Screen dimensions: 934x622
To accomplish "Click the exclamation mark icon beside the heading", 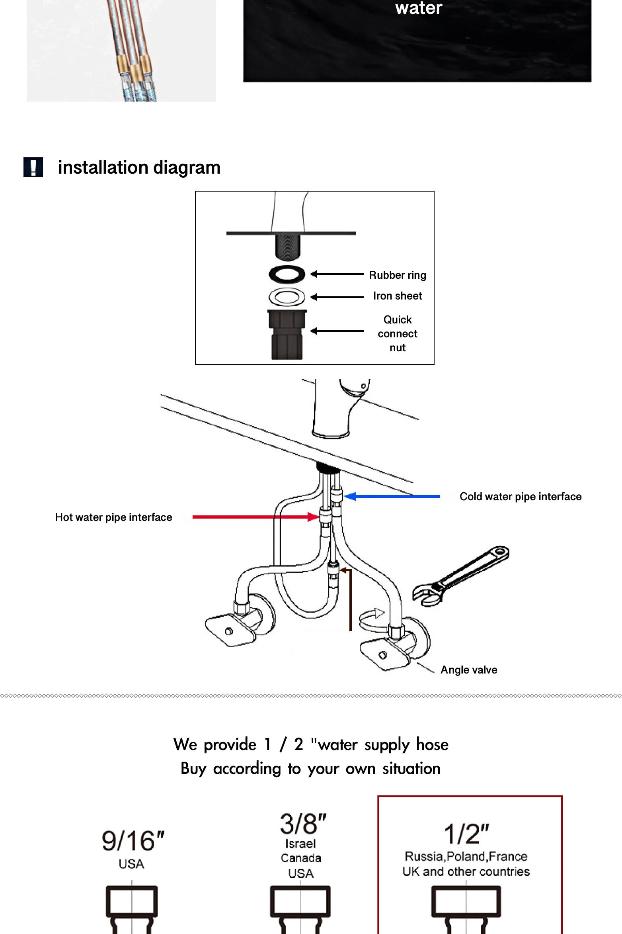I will pos(33,167).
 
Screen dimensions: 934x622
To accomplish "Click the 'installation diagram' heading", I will pos(139,168).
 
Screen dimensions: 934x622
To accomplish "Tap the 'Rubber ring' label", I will pos(397,275).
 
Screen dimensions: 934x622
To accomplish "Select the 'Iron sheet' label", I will pos(397,296).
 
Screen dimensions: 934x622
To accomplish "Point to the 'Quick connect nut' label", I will pos(397,334).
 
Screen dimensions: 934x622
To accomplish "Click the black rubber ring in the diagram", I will pos(287,274).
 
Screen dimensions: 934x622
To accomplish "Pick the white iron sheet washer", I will pos(287,297).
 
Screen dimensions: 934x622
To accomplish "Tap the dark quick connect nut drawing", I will pos(287,335).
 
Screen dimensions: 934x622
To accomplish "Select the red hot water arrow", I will pos(255,517).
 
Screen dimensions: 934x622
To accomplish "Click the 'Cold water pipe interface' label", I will pos(520,497).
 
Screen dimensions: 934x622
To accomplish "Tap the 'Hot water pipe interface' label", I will pos(114,517).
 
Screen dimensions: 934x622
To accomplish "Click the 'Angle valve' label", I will pos(468,670).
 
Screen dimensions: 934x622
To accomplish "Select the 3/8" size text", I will pos(303,824).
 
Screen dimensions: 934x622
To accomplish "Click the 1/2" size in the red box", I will pos(466,834).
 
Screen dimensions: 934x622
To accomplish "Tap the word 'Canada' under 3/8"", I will pos(301,858).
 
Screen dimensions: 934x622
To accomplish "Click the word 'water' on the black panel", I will pos(419,8).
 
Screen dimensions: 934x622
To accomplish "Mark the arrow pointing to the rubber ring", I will pos(337,274).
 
